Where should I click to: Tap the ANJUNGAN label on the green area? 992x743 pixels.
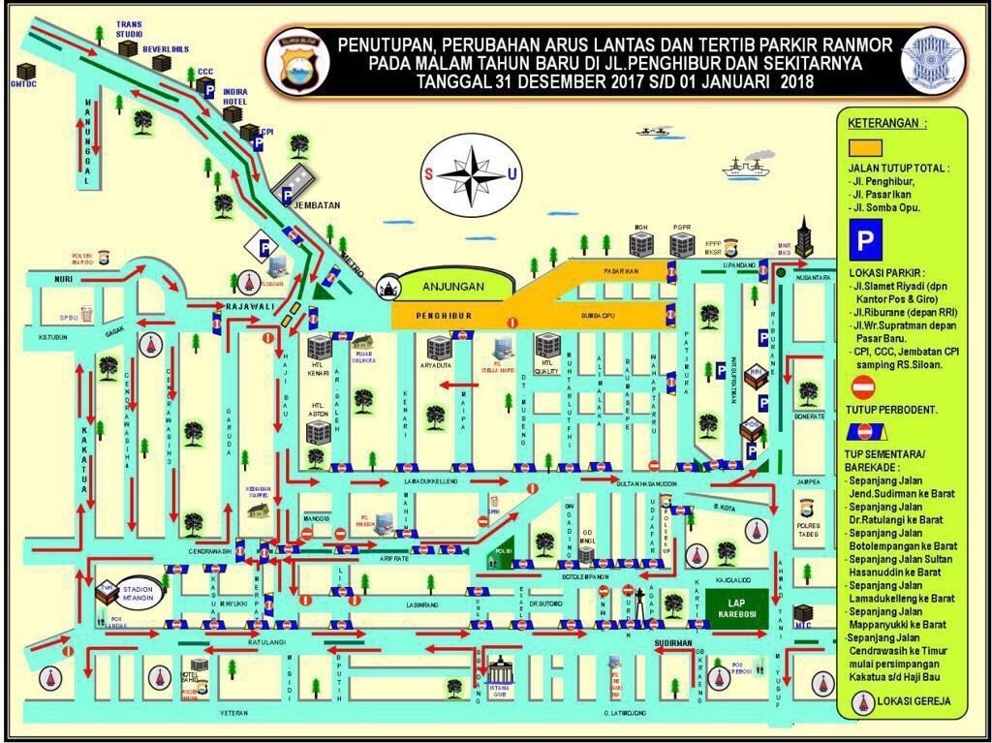452,286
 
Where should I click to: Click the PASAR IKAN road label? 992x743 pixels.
619,271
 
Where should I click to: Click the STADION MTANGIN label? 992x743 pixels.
139,592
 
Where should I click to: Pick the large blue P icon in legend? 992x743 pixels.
864,237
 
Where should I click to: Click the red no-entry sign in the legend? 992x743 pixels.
863,387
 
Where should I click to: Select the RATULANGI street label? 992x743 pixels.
267,641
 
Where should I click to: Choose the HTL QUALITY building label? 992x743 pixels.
547,370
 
